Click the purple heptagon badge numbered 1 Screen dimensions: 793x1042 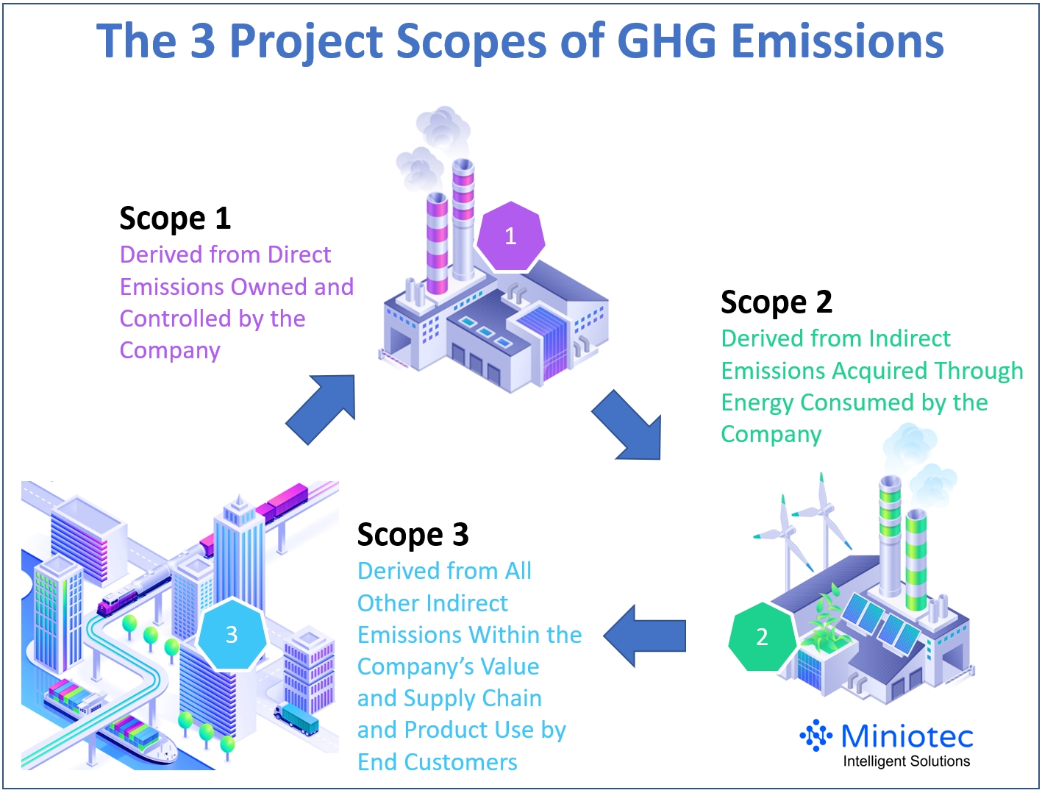click(510, 236)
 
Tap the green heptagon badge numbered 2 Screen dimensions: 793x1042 click(762, 636)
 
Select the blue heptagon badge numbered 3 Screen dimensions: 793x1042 click(231, 634)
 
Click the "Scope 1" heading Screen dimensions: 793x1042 click(175, 218)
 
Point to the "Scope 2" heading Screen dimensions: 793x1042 click(776, 302)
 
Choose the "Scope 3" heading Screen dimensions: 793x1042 click(413, 535)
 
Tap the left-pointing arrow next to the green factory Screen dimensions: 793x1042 click(645, 636)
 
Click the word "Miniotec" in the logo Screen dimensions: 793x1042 click(907, 736)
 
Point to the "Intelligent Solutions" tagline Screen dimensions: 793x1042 click(906, 761)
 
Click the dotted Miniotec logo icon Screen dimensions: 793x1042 click(816, 735)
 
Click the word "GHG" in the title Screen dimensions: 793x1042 click(666, 41)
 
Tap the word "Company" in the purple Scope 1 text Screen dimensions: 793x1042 click(170, 351)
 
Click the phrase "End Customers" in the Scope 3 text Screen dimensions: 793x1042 click(438, 762)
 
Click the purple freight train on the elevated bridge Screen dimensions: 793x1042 click(283, 502)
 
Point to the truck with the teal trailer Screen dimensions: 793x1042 click(298, 718)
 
